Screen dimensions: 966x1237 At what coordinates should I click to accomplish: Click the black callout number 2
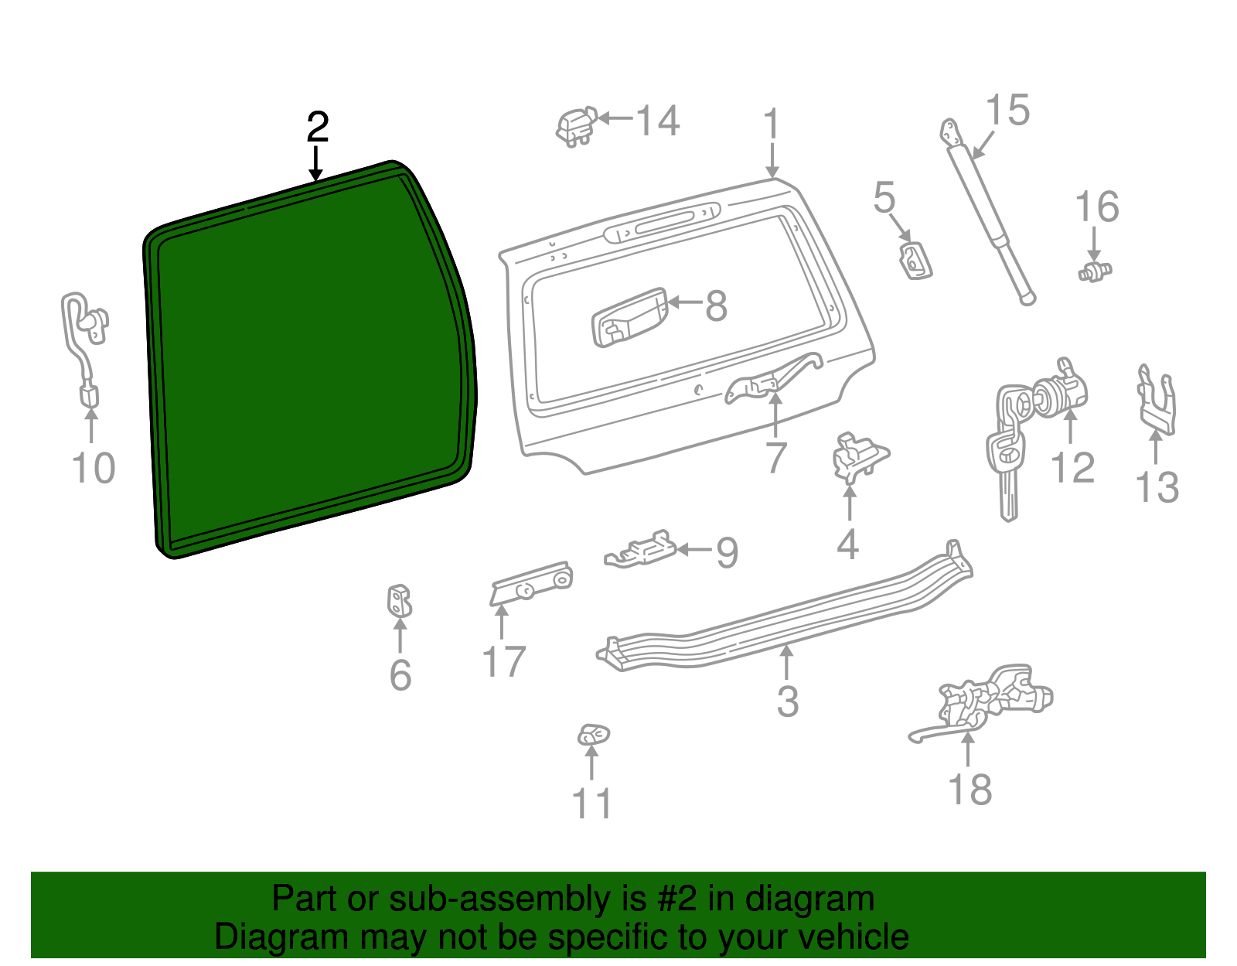pyautogui.click(x=318, y=128)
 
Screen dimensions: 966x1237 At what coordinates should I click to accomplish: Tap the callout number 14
pyautogui.click(x=658, y=121)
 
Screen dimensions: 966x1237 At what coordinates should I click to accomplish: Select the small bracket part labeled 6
pyautogui.click(x=399, y=602)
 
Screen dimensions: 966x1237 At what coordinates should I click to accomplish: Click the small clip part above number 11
pyautogui.click(x=593, y=734)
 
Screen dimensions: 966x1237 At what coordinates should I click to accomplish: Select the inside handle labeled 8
pyautogui.click(x=629, y=318)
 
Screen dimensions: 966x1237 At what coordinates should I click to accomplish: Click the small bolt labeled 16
pyautogui.click(x=1095, y=271)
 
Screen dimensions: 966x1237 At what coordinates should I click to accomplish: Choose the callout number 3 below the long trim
pyautogui.click(x=787, y=701)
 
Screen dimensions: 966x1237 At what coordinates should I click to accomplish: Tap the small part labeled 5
pyautogui.click(x=915, y=260)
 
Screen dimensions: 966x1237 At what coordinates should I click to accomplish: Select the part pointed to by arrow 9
pyautogui.click(x=640, y=551)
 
